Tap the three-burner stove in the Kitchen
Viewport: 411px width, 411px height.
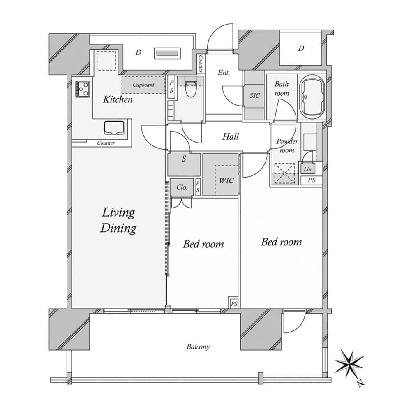click(83, 89)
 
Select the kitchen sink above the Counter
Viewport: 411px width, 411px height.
click(114, 128)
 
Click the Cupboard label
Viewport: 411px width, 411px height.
click(143, 85)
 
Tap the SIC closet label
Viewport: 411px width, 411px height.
click(254, 96)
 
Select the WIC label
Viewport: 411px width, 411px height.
click(226, 180)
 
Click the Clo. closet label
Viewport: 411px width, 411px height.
click(182, 187)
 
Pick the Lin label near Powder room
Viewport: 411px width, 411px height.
click(307, 169)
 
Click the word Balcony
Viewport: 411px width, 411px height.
click(198, 347)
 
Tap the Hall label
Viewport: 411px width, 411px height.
click(231, 136)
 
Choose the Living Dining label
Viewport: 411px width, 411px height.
click(118, 220)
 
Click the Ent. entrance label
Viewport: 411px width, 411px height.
click(224, 72)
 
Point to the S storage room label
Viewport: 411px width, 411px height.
click(184, 159)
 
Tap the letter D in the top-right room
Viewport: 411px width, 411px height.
click(301, 48)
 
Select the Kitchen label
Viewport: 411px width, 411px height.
click(118, 99)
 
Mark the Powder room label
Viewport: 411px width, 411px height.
click(287, 146)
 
